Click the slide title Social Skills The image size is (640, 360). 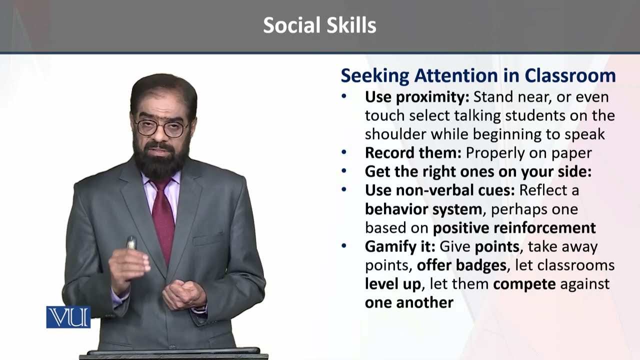click(x=319, y=25)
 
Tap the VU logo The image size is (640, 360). click(x=68, y=317)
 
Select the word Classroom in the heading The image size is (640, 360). click(x=570, y=75)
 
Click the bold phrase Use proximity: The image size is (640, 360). click(x=417, y=97)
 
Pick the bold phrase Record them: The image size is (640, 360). click(x=413, y=153)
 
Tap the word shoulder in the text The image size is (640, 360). click(x=395, y=134)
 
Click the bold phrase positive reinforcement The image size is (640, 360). click(x=514, y=228)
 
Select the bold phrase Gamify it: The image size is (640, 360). click(x=400, y=247)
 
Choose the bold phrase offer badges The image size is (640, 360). click(x=461, y=265)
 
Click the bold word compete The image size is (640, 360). click(x=524, y=284)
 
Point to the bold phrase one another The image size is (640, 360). click(x=409, y=302)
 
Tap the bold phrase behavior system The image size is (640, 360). click(x=423, y=209)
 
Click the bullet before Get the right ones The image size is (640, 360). click(x=344, y=171)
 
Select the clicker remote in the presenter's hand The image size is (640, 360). click(x=131, y=242)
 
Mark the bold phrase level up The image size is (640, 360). click(x=393, y=284)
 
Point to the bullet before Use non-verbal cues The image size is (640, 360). click(x=344, y=189)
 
